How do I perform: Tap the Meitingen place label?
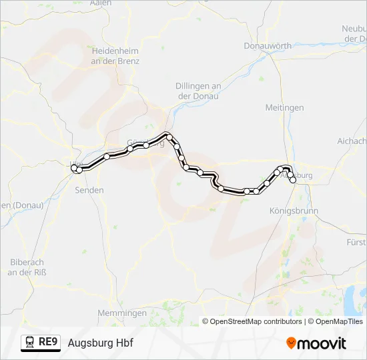pos(284,107)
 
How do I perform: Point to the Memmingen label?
pos(121,313)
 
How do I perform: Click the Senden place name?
pos(89,190)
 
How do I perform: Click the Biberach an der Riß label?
pos(27,267)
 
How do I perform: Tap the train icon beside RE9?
pos(30,343)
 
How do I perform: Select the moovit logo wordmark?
pos(323,343)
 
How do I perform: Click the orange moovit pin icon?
pos(292,343)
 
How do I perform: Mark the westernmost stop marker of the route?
pos(74,168)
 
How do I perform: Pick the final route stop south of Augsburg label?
pos(293,180)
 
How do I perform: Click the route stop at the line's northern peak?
pos(169,137)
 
